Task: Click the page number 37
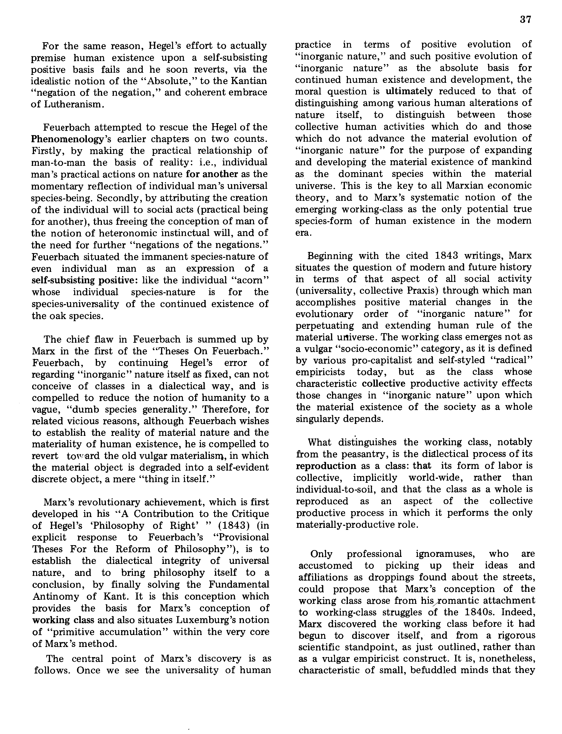click(526, 20)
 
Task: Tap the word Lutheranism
click(66, 104)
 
